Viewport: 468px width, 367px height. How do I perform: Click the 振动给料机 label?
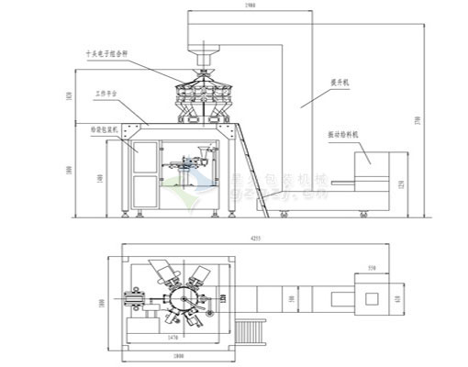[342, 134]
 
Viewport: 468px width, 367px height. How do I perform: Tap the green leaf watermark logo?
[184, 188]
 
